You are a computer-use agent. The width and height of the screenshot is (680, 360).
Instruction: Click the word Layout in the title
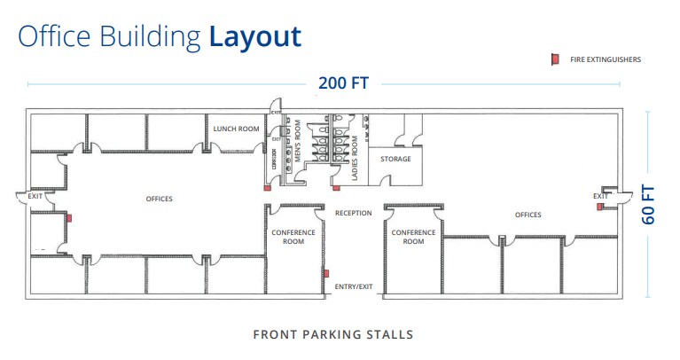coord(255,36)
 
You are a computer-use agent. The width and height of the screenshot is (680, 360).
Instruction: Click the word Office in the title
coord(51,36)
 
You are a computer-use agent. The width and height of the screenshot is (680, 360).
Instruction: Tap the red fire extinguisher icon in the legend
coord(553,59)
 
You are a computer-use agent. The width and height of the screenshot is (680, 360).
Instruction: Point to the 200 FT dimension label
coord(343,83)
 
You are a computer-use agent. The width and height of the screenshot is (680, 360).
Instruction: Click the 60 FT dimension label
coord(649,204)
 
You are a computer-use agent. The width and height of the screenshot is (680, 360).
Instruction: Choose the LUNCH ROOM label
coord(236,129)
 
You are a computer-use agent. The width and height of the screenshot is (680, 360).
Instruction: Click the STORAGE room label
coord(395,159)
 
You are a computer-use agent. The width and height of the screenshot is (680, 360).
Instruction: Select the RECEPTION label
coord(353,213)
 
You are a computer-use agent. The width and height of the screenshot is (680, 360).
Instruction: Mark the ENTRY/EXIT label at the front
coord(353,287)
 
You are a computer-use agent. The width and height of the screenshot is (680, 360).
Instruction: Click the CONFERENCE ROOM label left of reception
coord(293,237)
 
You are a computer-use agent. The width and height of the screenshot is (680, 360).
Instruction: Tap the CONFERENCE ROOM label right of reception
coord(413,237)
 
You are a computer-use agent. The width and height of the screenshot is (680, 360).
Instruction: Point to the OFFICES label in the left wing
coord(159,199)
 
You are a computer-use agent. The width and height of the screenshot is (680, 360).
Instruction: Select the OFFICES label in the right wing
coord(528,215)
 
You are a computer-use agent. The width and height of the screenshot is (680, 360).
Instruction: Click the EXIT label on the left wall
coord(35,196)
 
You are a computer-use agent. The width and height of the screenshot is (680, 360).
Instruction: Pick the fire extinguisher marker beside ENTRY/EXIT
coord(326,273)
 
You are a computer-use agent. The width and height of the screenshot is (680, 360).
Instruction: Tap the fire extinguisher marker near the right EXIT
coord(599,207)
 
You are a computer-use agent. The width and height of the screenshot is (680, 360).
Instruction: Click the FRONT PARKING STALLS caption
coord(332,334)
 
